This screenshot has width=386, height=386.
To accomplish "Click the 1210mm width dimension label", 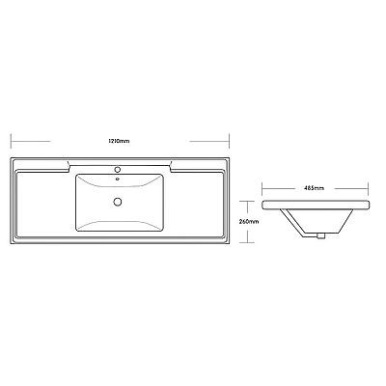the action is (x=119, y=141).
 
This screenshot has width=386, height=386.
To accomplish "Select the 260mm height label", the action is (x=249, y=221).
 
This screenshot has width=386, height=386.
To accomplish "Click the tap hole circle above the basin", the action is (x=118, y=169).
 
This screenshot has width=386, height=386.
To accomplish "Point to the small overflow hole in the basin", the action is (x=118, y=179).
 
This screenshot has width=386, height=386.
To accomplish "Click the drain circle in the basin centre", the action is (x=118, y=202).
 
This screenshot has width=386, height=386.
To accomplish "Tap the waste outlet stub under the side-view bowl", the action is (x=320, y=236).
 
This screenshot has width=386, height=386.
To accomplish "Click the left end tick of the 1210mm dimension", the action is (x=12, y=141).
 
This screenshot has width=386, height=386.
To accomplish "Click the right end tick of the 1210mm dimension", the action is (x=229, y=141).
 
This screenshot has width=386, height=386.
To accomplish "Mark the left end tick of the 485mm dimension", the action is (x=262, y=188).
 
